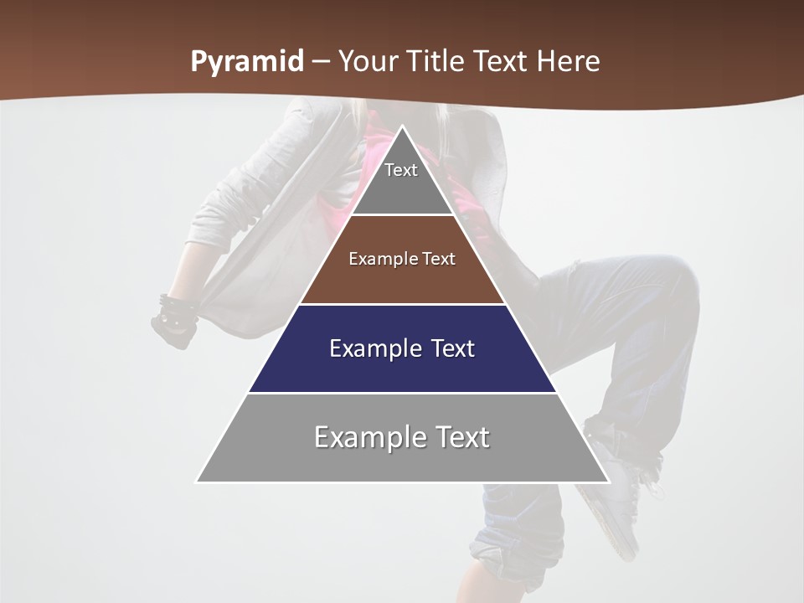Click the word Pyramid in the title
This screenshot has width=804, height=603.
246,62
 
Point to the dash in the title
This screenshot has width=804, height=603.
320,62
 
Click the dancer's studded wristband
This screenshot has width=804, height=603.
178,311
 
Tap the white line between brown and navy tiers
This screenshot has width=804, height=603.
402,304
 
